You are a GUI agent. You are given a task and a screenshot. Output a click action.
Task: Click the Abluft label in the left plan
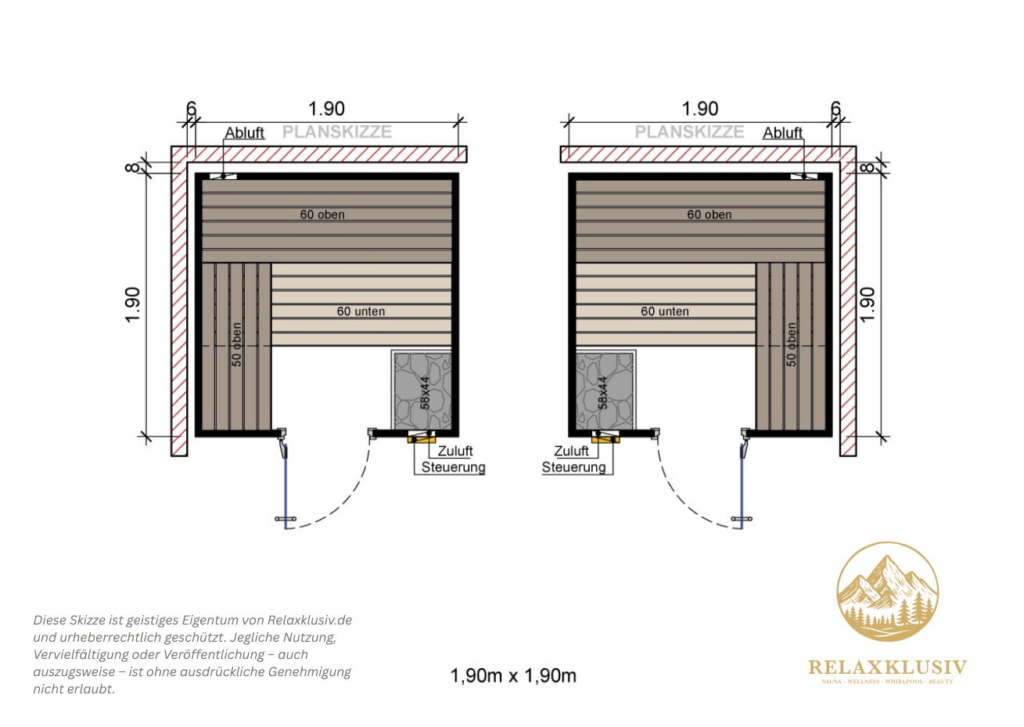pyautogui.click(x=244, y=132)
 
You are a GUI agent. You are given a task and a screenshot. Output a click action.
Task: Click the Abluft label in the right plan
pyautogui.click(x=782, y=132)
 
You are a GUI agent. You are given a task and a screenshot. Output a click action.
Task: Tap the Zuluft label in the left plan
pyautogui.click(x=455, y=451)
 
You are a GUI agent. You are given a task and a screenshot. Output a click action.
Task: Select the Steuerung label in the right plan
pyautogui.click(x=573, y=467)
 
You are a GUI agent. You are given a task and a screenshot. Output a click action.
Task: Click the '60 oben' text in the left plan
pyautogui.click(x=322, y=214)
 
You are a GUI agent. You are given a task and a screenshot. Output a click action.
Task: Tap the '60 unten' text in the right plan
pyautogui.click(x=665, y=311)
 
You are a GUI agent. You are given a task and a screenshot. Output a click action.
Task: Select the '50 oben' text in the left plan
pyautogui.click(x=236, y=345)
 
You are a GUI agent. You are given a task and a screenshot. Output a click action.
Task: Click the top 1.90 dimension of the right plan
pyautogui.click(x=700, y=109)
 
